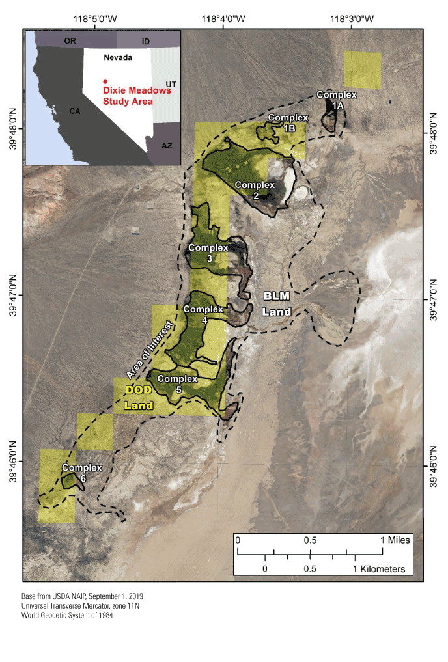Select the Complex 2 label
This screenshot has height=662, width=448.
[x=255, y=190]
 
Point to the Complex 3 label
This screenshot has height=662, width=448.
[x=208, y=253]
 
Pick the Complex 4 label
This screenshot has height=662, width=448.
[x=204, y=314]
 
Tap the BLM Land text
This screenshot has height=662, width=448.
[x=277, y=304]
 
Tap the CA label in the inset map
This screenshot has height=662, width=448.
[x=75, y=111]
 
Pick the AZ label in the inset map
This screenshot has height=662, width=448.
[x=167, y=145]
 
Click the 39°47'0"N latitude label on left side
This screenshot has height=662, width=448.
[x=14, y=295]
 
